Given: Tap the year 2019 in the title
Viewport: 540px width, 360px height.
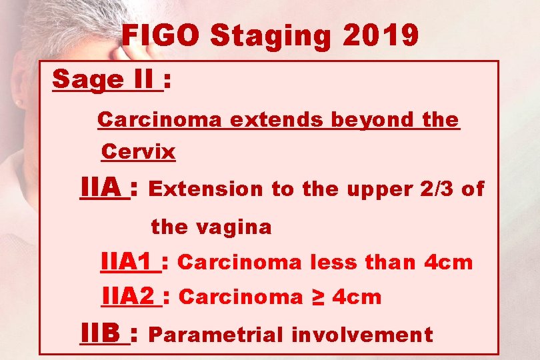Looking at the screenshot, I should click(381, 37).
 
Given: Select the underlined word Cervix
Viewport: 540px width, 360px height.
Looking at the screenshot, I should click(138, 153).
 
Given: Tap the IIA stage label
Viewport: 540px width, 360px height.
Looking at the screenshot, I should click(103, 188).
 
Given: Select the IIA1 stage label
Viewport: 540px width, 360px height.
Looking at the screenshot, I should click(130, 262).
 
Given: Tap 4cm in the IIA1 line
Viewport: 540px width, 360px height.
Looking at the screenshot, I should click(448, 263).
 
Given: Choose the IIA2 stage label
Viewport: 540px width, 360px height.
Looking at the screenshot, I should click(131, 297).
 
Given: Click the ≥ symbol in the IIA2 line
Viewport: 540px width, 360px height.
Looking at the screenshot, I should click(317, 297).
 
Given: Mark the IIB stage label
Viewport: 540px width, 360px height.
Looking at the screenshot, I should click(103, 333).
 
